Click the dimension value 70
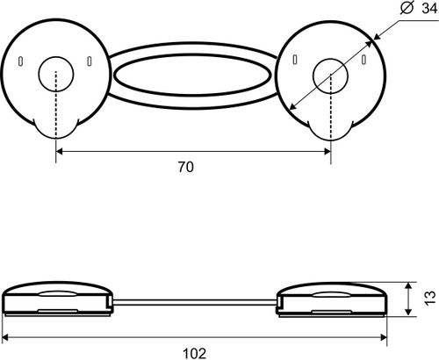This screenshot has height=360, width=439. pyautogui.click(x=186, y=167)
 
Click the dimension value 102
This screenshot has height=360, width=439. pyautogui.click(x=194, y=353)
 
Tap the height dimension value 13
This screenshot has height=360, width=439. pyautogui.click(x=430, y=299)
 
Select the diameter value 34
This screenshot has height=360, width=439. pyautogui.click(x=429, y=9)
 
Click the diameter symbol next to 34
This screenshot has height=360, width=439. pyautogui.click(x=407, y=8)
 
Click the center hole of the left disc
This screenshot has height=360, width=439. pyautogui.click(x=56, y=74)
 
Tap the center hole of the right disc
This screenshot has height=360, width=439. pyautogui.click(x=330, y=76)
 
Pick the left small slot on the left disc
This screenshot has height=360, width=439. pyautogui.click(x=20, y=61)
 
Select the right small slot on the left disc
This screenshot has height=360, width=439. pyautogui.click(x=90, y=61)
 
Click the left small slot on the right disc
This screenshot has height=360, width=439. pyautogui.click(x=295, y=60)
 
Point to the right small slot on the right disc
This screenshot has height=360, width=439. pyautogui.click(x=363, y=59)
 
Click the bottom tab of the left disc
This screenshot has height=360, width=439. pyautogui.click(x=56, y=128)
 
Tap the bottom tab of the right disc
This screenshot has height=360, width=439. pyautogui.click(x=331, y=131)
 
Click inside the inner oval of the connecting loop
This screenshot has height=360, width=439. pyautogui.click(x=192, y=76)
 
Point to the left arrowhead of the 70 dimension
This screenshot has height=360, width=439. pyautogui.click(x=59, y=151)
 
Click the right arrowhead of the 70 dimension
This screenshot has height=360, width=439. pyautogui.click(x=327, y=151)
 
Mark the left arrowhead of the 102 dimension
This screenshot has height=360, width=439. pyautogui.click(x=5, y=338)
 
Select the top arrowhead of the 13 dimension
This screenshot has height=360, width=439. pyautogui.click(x=408, y=286)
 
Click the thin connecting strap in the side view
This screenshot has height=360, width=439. pyautogui.click(x=195, y=303)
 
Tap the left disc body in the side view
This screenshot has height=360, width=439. pyautogui.click(x=57, y=299)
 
